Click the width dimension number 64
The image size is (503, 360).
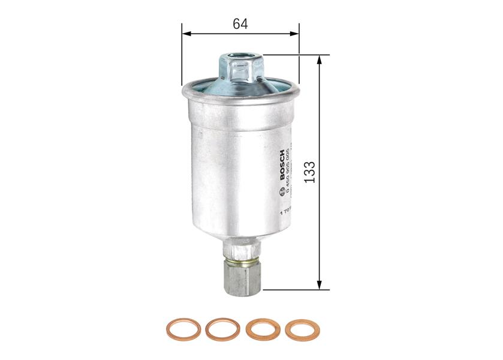coord(240,24)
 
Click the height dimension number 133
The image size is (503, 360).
coord(309,173)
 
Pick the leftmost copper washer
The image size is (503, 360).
coord(183,329)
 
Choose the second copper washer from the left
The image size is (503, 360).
coord(222,329)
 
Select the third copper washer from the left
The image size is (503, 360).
coord(262,329)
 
